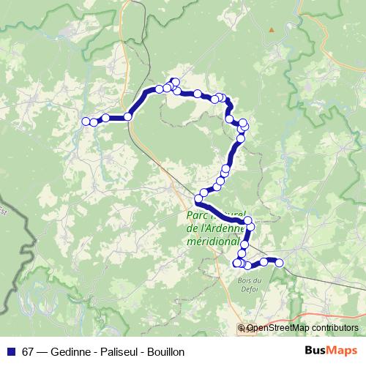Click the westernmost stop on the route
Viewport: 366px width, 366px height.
tap(86, 122)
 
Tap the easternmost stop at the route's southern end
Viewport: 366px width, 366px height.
tap(279, 263)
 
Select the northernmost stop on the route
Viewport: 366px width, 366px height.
tap(175, 81)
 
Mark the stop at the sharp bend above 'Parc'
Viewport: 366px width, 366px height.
tap(198, 199)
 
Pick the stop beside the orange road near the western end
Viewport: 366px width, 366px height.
tap(128, 116)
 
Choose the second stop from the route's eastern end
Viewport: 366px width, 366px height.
tap(264, 261)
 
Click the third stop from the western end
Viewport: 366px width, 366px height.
tap(105, 118)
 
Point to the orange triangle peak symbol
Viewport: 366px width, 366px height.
tap(272, 30)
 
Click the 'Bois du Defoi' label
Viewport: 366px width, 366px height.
tap(248, 284)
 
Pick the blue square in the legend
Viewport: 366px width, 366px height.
tap(10, 351)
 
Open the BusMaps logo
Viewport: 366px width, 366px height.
tap(330, 351)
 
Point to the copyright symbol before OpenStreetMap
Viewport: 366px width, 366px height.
tap(242, 328)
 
